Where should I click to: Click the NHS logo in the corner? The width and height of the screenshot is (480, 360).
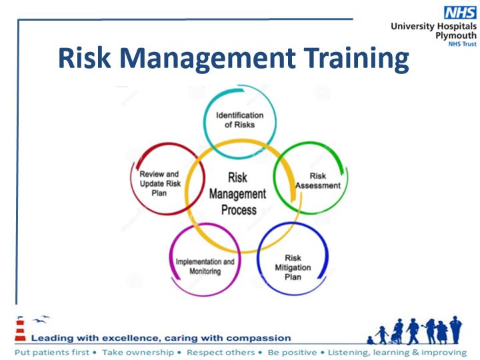tap(460, 13)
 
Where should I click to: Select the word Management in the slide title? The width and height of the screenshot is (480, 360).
tap(207, 59)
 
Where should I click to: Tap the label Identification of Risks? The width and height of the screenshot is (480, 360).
tap(240, 120)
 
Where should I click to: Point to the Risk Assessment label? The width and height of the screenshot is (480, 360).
tap(318, 181)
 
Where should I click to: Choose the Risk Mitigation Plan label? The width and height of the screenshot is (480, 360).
tap(293, 267)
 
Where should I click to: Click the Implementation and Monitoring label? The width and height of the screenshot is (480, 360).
tap(205, 266)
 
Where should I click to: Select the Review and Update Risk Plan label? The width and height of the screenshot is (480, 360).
tap(160, 183)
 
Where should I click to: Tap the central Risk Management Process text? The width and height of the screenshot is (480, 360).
tap(237, 194)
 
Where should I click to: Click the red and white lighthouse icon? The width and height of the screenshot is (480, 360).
tap(21, 329)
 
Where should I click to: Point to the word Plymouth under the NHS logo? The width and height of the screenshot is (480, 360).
tap(456, 35)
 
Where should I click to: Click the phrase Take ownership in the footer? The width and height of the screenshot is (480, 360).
tap(138, 353)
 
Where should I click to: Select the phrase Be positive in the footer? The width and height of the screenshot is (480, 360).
tap(292, 353)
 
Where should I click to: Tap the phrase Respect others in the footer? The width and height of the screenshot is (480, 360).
tap(221, 353)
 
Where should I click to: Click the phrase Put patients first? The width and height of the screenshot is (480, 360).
tap(52, 353)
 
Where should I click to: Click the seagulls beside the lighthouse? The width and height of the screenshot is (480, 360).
tap(41, 319)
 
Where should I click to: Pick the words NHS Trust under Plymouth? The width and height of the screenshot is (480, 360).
tap(462, 44)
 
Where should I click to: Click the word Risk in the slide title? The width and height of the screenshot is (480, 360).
tap(84, 57)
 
